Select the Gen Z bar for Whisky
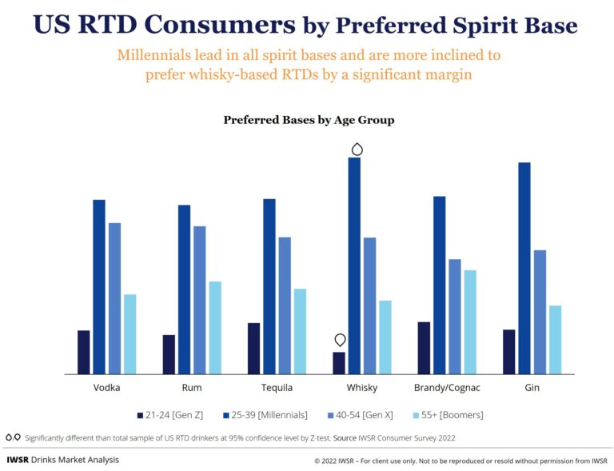tap(339, 363)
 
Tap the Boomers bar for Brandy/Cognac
tap(470, 321)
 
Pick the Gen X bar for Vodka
tap(114, 297)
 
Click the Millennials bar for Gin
tap(524, 268)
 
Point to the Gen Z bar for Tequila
tap(253, 348)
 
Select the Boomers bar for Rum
tap(215, 327)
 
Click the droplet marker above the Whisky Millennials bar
tap(357, 149)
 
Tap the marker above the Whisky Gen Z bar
tap(341, 340)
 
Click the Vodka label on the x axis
tap(106, 388)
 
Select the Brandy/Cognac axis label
tap(446, 388)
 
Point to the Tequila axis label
tap(277, 388)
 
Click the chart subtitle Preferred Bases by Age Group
tap(309, 120)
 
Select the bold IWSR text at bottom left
tap(18, 460)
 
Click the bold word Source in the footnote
tap(346, 438)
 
